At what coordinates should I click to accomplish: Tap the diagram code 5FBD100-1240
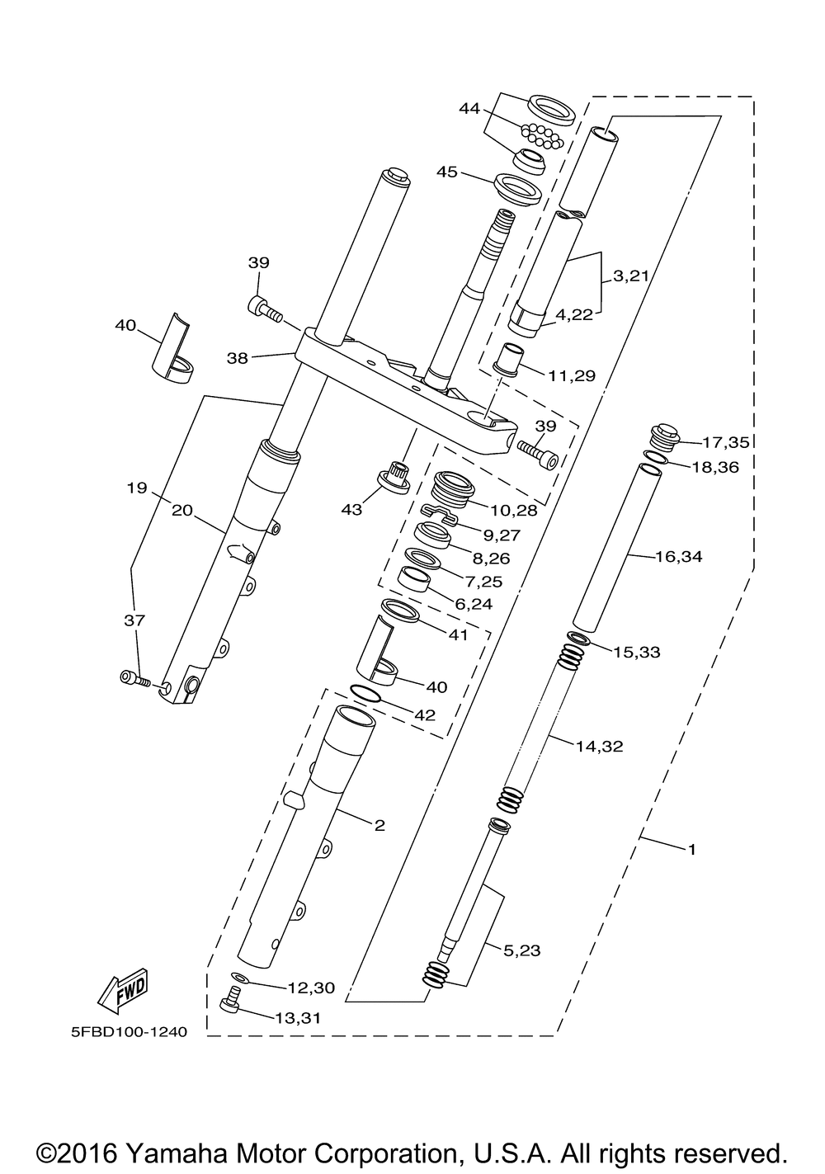click(129, 1032)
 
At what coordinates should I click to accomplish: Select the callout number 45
click(447, 172)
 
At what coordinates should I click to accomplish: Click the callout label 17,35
click(725, 442)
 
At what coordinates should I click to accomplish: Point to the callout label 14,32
click(600, 747)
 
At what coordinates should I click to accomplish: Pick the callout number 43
click(351, 509)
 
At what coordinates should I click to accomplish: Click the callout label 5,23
click(522, 950)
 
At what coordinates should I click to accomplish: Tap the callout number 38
click(238, 359)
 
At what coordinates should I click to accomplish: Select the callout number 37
click(134, 620)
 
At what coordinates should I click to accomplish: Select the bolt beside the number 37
click(136, 679)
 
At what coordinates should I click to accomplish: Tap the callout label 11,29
click(572, 375)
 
